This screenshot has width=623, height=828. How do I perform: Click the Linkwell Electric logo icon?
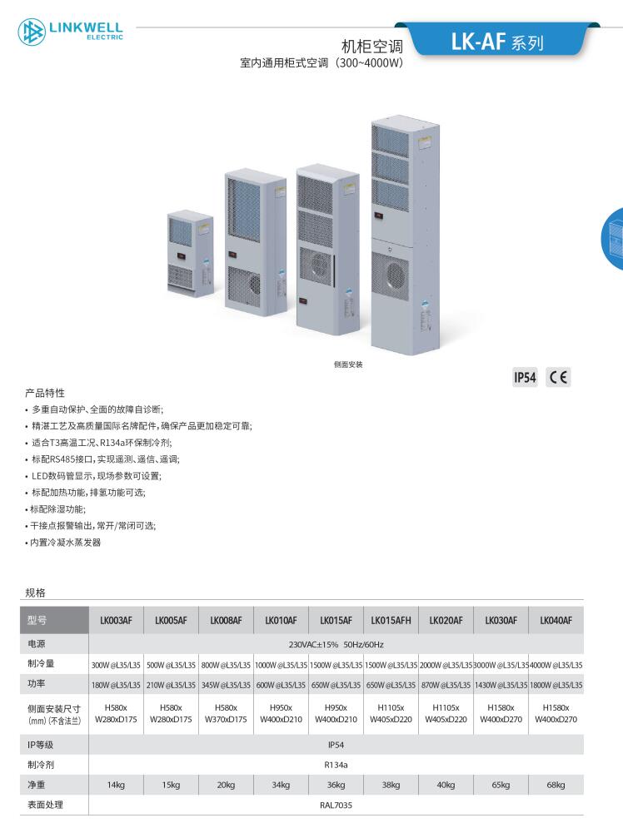pos(32,31)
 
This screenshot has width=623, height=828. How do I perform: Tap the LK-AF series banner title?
pos(496,42)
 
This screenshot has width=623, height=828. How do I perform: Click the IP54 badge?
pos(525,378)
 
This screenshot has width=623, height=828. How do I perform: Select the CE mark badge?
pos(558,378)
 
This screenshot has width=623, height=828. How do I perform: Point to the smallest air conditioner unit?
pos(191,254)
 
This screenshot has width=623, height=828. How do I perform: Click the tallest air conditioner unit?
pos(406,235)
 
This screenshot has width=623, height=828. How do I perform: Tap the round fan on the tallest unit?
pos(396,275)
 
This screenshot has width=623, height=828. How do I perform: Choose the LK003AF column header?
pos(117,621)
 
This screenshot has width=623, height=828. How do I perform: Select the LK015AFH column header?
pos(391,621)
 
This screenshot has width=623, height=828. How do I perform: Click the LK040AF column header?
pos(556,621)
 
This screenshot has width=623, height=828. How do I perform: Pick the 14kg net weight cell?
pos(117,786)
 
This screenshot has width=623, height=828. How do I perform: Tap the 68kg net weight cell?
pos(556,786)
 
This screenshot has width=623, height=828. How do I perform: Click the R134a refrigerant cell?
pos(336,765)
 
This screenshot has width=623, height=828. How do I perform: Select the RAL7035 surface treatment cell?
pos(336,806)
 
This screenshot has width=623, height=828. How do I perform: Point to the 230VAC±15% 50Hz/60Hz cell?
pos(336,645)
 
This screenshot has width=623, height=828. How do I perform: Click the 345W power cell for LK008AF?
pos(227,685)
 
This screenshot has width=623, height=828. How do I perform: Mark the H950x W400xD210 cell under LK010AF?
pos(282,713)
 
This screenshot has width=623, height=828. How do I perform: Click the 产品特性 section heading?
pos(45,393)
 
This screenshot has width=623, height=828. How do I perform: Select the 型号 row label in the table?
pos(37,621)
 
